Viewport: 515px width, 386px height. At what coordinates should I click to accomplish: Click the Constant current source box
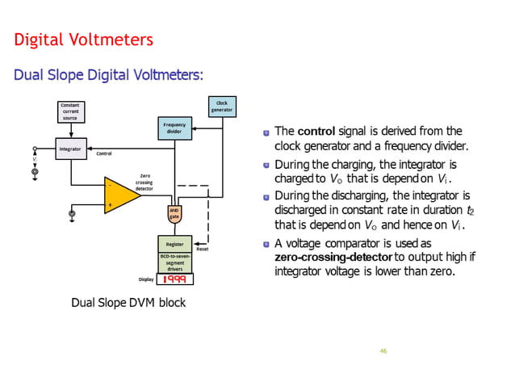(x=70, y=111)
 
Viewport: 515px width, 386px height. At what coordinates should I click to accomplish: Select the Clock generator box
(x=221, y=106)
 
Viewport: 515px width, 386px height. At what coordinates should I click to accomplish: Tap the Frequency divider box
(x=174, y=128)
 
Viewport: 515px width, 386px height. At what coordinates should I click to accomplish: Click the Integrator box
(x=70, y=149)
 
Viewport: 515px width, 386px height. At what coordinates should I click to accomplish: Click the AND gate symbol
(x=174, y=213)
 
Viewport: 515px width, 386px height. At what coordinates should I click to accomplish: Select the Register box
(x=174, y=243)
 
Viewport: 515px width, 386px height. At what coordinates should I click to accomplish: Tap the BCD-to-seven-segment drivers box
(x=174, y=262)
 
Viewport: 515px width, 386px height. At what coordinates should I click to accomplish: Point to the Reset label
(x=203, y=250)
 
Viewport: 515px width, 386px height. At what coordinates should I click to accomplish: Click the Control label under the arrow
(x=103, y=153)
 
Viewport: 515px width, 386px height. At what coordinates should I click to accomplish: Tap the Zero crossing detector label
(x=144, y=182)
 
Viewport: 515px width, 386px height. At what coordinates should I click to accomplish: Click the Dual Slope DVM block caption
(x=128, y=303)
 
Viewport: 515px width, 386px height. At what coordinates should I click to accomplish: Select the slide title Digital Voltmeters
(x=84, y=40)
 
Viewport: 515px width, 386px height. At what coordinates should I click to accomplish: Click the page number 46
(x=383, y=351)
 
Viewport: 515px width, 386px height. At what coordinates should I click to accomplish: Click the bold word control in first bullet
(x=316, y=131)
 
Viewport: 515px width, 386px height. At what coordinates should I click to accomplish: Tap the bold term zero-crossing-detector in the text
(x=333, y=257)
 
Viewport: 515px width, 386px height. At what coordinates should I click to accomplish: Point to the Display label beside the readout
(x=145, y=279)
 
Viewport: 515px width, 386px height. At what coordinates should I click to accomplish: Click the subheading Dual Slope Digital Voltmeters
(x=109, y=75)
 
